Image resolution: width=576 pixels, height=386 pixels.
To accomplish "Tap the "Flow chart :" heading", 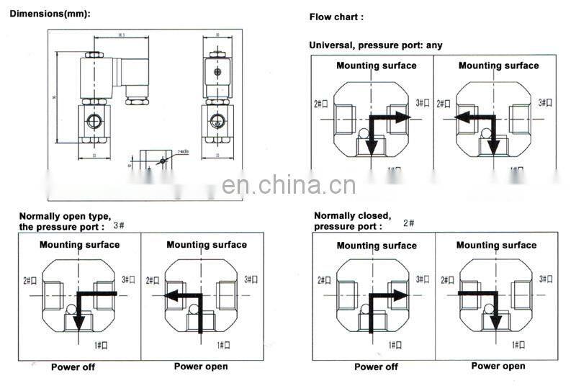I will click(x=336, y=17).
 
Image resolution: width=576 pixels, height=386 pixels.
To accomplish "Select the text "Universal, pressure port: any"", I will click(x=376, y=45).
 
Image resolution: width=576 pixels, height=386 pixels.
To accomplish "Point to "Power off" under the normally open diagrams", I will click(x=73, y=367).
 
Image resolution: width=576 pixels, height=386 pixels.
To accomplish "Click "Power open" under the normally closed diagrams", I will click(x=498, y=366).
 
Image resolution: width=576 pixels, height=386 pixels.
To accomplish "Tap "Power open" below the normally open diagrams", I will click(x=201, y=367).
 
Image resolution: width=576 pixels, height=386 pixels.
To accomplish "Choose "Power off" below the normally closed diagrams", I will click(x=376, y=367).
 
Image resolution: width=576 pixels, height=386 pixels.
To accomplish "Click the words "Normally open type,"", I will click(x=65, y=216).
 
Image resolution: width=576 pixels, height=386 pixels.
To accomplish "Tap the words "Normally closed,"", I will click(x=352, y=215).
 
